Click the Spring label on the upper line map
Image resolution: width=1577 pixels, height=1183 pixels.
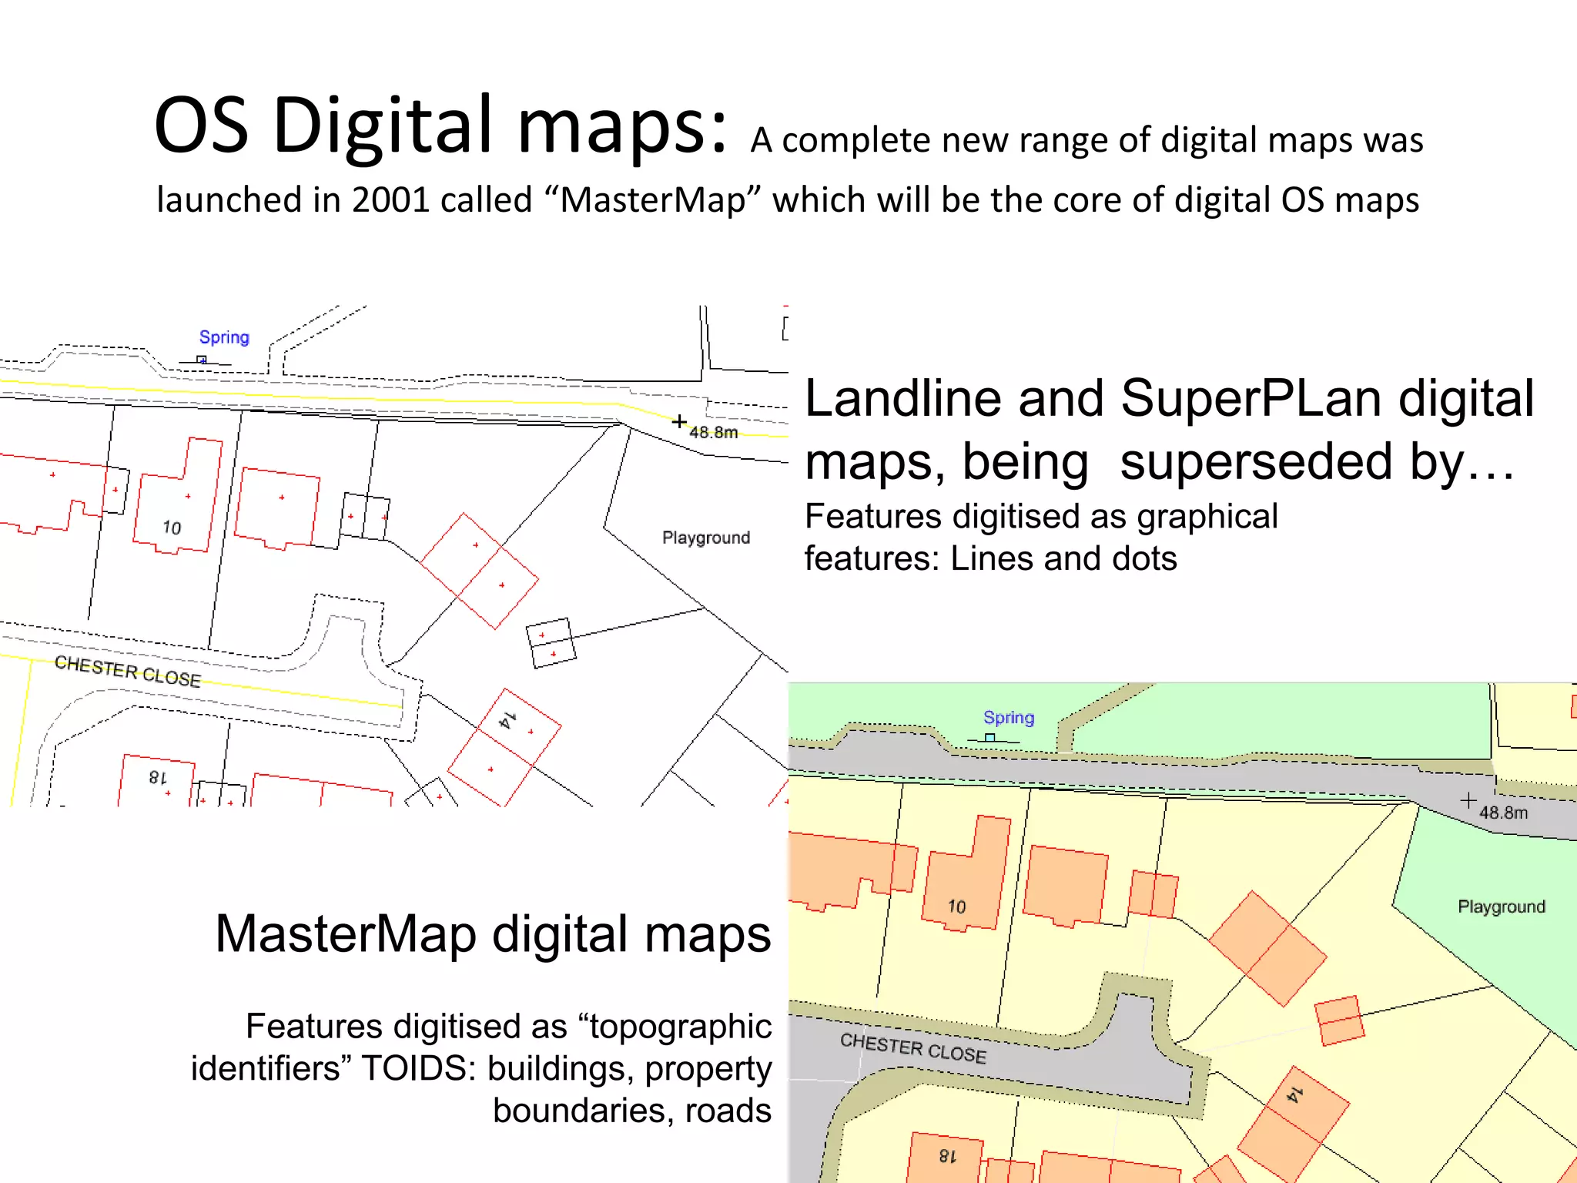point(224,337)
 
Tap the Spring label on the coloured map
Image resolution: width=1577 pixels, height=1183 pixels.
point(1009,718)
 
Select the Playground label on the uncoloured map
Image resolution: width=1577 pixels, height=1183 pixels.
point(706,538)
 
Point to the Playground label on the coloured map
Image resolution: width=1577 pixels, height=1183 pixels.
point(1502,907)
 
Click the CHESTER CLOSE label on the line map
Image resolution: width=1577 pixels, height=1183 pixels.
point(128,672)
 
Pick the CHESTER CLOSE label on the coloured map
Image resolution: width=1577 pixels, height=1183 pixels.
point(913,1048)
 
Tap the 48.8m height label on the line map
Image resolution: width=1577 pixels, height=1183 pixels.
point(714,433)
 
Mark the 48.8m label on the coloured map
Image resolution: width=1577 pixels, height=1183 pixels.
point(1503,813)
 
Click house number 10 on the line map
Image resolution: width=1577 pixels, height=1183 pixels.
point(172,528)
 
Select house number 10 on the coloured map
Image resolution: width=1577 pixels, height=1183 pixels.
point(957,907)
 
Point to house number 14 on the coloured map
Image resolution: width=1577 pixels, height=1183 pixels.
point(1295,1094)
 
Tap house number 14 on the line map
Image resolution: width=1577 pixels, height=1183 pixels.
point(507,721)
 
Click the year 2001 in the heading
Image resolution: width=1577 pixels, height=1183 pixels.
point(390,200)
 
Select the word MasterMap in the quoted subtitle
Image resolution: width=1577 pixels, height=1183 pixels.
point(653,200)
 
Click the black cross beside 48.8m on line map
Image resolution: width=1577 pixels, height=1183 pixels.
point(679,421)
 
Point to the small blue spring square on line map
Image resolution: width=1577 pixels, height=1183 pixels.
point(202,360)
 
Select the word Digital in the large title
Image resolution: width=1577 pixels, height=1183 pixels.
point(383,125)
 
